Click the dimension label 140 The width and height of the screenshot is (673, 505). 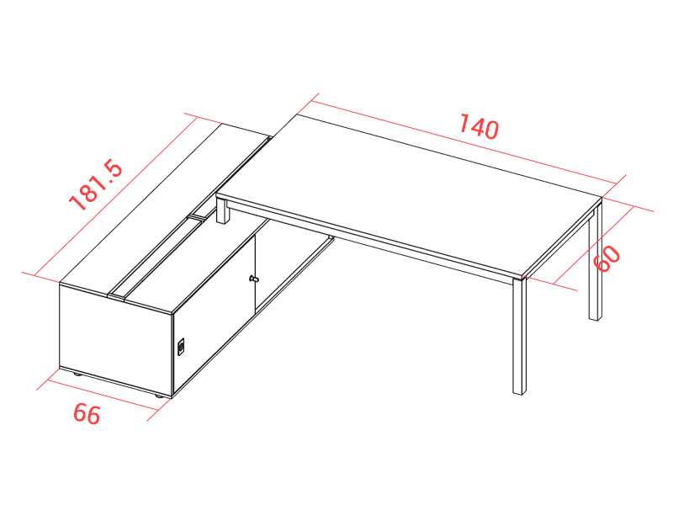coord(479,127)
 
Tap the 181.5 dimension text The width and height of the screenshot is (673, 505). coord(96,184)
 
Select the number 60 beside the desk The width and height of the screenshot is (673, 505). coord(607,258)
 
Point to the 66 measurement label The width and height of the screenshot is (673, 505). coord(87,414)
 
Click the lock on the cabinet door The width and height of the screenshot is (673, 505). coord(181,347)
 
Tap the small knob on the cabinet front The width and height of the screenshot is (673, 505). coord(254,279)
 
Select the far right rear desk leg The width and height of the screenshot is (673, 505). coord(596,263)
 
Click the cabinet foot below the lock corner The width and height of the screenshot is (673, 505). coord(158,396)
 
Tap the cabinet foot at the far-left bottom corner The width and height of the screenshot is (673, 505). coord(77,375)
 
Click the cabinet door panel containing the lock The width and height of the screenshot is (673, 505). coord(214,313)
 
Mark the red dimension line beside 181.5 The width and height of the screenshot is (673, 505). coord(116,197)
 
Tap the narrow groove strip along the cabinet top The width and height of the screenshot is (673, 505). coord(191,217)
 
